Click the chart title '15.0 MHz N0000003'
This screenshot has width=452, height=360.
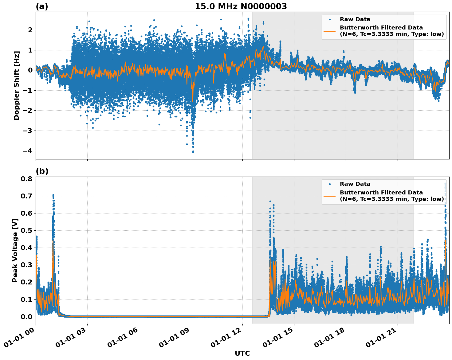[241, 6]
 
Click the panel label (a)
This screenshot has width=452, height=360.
[42, 6]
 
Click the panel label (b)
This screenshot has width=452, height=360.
[42, 171]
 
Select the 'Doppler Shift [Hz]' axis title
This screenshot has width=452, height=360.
[17, 85]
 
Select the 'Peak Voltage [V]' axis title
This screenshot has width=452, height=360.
[15, 250]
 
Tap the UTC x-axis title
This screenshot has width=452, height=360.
[242, 353]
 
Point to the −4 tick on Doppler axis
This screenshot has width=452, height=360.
[28, 151]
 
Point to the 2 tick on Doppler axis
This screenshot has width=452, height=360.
[30, 30]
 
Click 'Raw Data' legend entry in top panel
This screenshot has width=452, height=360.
[355, 19]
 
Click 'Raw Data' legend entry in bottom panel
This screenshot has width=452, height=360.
[355, 184]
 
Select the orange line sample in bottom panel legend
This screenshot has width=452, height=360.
[330, 196]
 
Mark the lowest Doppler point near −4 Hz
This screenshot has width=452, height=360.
[193, 152]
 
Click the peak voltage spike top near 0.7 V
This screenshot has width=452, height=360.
[53, 195]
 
